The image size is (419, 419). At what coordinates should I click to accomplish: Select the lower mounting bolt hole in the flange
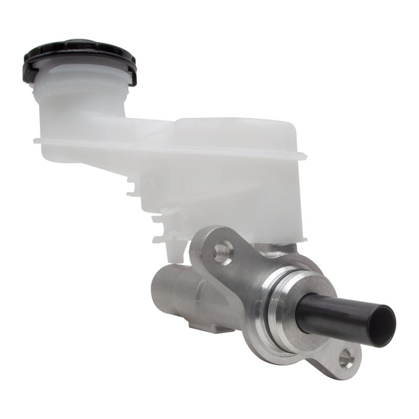coord(346,358)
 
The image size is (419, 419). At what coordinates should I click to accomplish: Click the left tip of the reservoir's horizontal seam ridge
coord(36,140)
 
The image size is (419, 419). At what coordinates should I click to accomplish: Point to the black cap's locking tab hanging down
coord(131,79)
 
